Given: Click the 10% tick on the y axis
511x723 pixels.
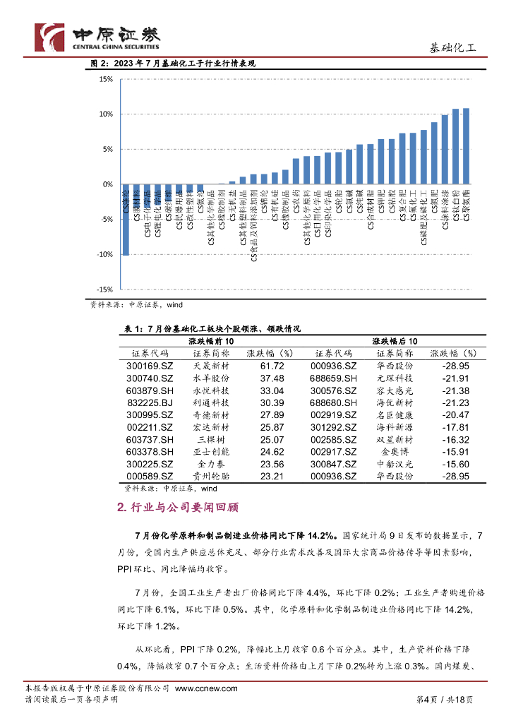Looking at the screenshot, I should point(105,114).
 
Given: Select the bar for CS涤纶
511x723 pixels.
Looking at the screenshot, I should point(126,220).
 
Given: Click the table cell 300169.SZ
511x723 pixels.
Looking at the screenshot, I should point(150,366).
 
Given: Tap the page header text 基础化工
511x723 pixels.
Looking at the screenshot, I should point(453,48).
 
